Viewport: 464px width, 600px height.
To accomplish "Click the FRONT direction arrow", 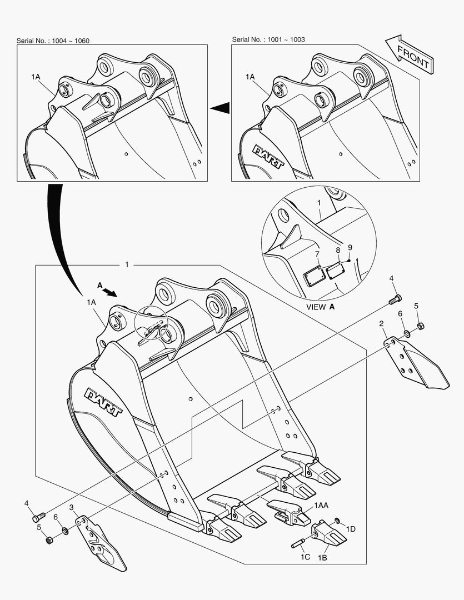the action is tap(409, 54).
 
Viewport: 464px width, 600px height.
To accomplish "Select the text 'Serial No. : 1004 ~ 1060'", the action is tap(53, 41).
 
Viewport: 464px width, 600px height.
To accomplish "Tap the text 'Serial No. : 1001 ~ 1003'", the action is tap(268, 39).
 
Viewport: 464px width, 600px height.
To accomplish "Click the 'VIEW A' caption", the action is tap(321, 307).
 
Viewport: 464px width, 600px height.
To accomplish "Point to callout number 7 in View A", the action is tap(317, 254).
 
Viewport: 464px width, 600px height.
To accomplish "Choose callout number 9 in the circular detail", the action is tap(350, 248).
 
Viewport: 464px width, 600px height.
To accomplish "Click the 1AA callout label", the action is tap(321, 506).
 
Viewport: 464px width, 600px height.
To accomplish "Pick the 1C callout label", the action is tap(305, 557).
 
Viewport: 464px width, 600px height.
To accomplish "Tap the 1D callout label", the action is tap(351, 529).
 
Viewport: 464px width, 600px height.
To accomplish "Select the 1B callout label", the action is tap(322, 558).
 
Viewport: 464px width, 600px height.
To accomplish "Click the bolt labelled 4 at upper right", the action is tap(395, 299).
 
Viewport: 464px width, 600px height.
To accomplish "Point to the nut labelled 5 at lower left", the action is tap(49, 541).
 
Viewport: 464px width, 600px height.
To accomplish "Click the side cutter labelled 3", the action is tap(101, 543).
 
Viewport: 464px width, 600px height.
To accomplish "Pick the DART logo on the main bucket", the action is tap(103, 402).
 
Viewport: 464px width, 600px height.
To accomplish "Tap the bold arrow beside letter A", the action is tap(111, 292).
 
